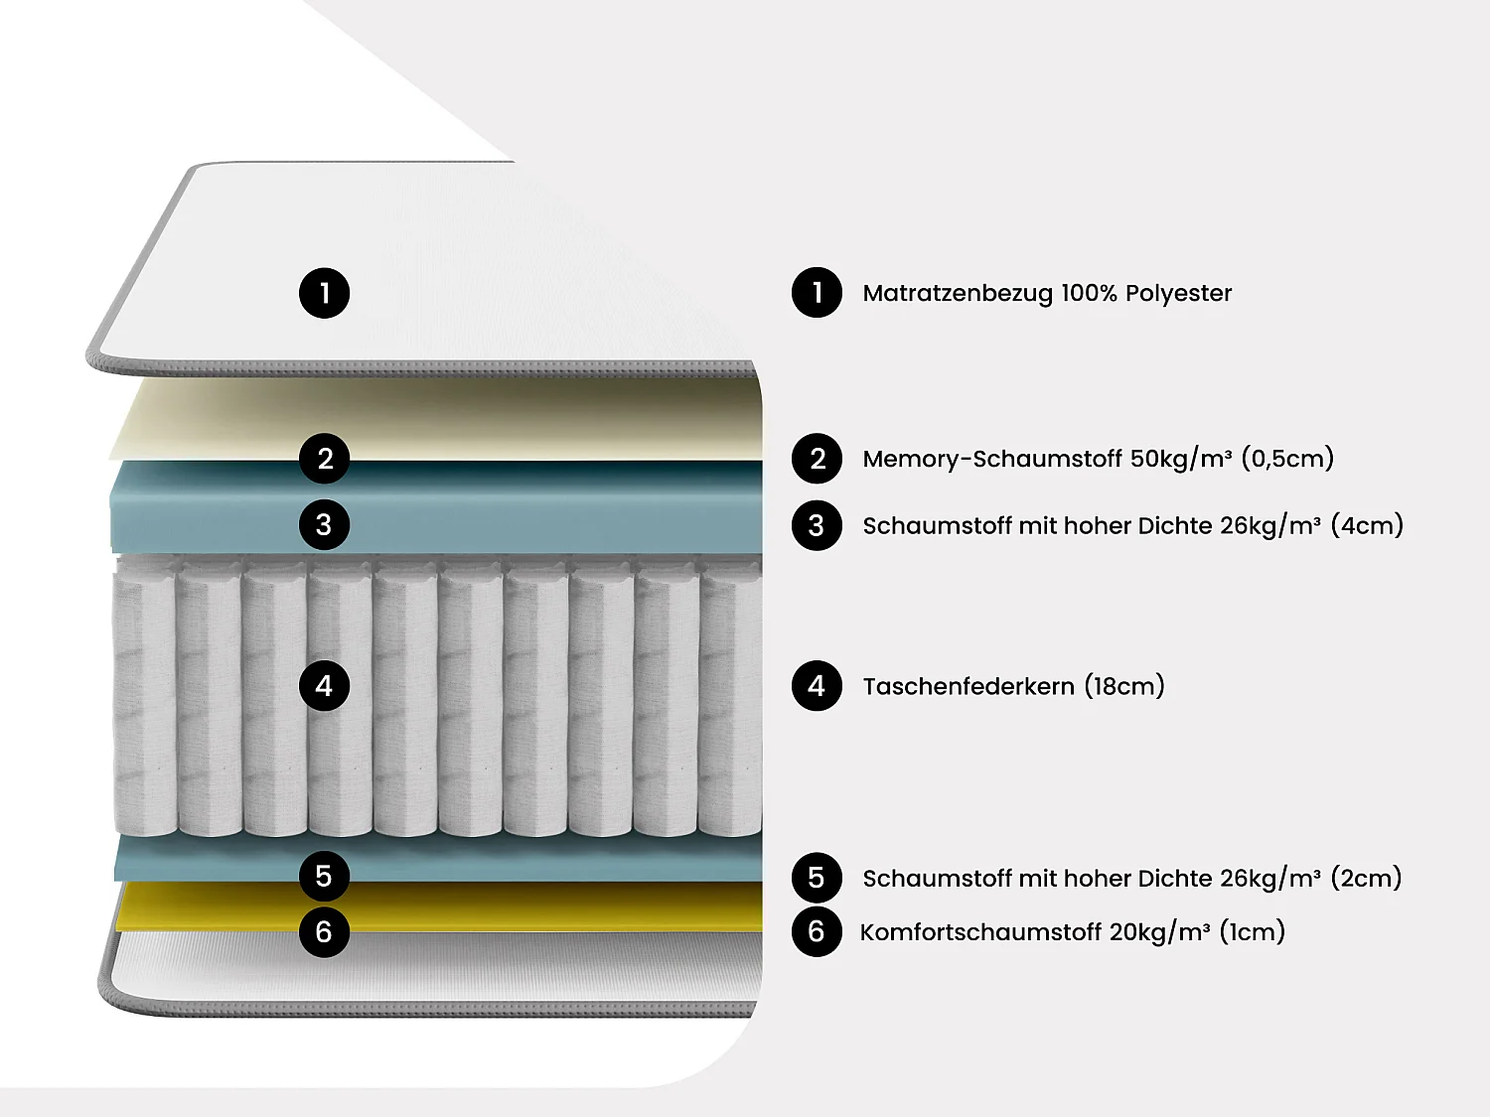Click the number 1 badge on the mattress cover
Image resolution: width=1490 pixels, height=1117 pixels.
pyautogui.click(x=324, y=293)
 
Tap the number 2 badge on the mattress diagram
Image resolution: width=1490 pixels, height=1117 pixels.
pyautogui.click(x=324, y=459)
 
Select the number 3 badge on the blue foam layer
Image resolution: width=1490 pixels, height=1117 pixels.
pyautogui.click(x=324, y=524)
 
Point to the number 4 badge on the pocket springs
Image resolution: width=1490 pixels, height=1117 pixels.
pyautogui.click(x=324, y=686)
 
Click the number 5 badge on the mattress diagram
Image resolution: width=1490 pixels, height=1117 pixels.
pyautogui.click(x=324, y=876)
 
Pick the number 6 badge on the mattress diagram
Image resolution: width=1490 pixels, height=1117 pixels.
pyautogui.click(x=324, y=931)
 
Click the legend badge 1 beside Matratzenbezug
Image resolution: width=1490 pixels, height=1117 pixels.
pyautogui.click(x=817, y=292)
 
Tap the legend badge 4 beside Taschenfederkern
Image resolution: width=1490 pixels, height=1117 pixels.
pyautogui.click(x=817, y=686)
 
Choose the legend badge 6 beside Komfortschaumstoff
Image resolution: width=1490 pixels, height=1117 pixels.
pyautogui.click(x=817, y=931)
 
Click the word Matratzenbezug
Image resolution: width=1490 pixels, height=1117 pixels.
pyautogui.click(x=957, y=293)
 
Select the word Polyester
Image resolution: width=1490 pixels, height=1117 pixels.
pyautogui.click(x=1178, y=293)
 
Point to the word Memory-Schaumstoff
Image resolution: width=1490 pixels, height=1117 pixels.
pyautogui.click(x=991, y=459)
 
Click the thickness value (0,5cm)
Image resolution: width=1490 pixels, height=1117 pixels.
pyautogui.click(x=1287, y=459)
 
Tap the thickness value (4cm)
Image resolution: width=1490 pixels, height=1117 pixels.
pyautogui.click(x=1367, y=525)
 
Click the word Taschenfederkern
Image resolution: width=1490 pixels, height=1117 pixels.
pyautogui.click(x=968, y=686)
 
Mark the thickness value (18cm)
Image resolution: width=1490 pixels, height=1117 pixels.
pyautogui.click(x=1124, y=686)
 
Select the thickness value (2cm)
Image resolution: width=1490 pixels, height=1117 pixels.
pyautogui.click(x=1366, y=878)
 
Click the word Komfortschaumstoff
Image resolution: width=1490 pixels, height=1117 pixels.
pyautogui.click(x=980, y=932)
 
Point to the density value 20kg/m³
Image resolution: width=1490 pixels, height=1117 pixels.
pyautogui.click(x=1159, y=932)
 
